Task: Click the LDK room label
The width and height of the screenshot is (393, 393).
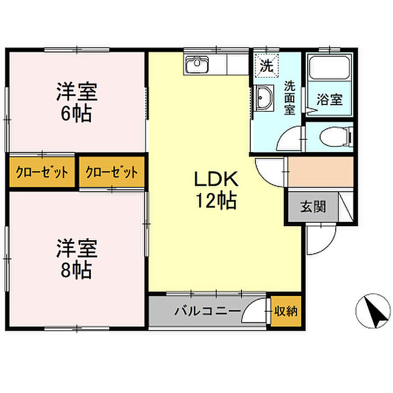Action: [x=216, y=179]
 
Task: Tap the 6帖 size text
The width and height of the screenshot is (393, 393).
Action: [x=76, y=114]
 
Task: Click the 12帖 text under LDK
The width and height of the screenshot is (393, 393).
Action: [x=216, y=200]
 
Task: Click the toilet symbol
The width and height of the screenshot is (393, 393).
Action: [x=336, y=137]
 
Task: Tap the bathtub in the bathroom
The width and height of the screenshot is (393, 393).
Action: [x=330, y=68]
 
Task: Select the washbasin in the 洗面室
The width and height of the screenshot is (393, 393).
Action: [x=264, y=98]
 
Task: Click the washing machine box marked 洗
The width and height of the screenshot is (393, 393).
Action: [x=266, y=66]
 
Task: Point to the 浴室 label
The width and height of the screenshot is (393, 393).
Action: [x=330, y=99]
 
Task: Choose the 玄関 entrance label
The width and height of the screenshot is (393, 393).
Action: [x=313, y=207]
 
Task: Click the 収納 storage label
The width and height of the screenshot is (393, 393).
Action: [x=286, y=311]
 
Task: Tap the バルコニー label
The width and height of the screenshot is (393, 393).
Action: [x=208, y=311]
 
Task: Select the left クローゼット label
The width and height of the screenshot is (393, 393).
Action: [x=42, y=172]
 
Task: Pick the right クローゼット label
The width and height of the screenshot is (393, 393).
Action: [x=112, y=172]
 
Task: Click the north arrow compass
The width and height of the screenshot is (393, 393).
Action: [x=373, y=311]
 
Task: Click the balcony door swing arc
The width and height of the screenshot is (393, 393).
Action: [x=249, y=304]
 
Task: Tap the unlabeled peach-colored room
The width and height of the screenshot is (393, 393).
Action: [x=321, y=171]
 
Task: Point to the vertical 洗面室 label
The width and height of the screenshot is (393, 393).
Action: [x=290, y=98]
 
